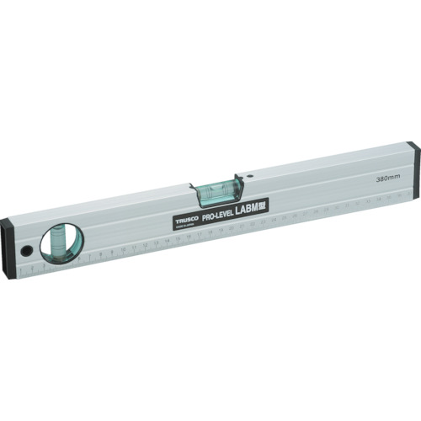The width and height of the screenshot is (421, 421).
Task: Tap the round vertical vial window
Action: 61,244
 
